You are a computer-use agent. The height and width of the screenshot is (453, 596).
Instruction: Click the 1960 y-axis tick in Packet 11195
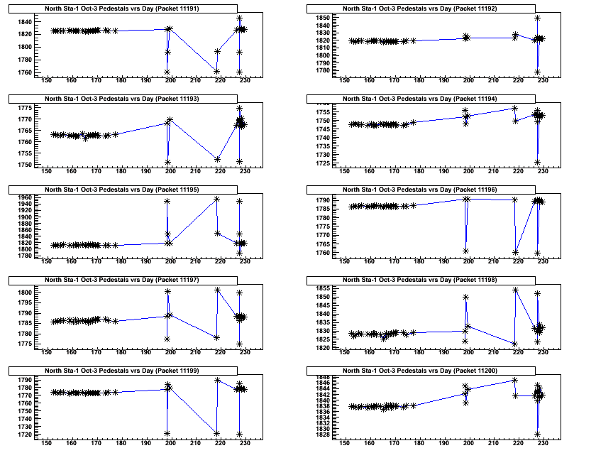point(31,198)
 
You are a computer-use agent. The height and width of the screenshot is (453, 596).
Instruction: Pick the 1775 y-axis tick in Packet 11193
point(31,108)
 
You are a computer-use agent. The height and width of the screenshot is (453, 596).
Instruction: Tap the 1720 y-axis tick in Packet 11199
point(31,433)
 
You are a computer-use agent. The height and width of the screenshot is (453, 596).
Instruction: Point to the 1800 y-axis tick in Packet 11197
point(31,293)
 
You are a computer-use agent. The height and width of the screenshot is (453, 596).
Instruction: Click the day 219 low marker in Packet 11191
point(217,71)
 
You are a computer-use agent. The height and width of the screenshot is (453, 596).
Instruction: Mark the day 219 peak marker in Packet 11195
point(217,199)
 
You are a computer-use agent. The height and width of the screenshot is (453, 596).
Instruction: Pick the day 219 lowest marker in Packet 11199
point(217,433)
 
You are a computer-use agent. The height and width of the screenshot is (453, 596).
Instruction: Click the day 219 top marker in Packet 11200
point(515,380)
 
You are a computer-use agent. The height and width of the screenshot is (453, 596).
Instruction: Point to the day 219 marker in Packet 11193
point(217,159)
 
